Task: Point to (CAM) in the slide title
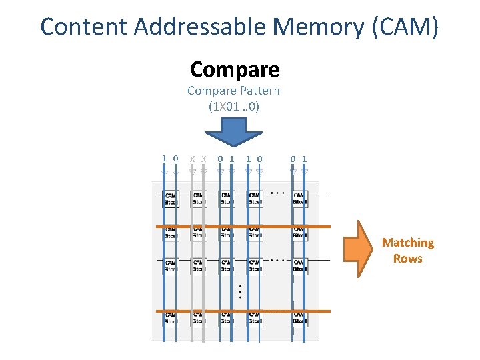[407, 27]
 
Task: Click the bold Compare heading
[235, 69]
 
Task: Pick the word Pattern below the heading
[257, 91]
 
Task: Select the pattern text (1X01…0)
[233, 106]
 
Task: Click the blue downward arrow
[234, 133]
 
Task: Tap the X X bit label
[197, 159]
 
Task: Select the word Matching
[407, 243]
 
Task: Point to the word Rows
[407, 259]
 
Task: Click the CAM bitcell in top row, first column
[171, 198]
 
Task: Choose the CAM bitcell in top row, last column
[299, 198]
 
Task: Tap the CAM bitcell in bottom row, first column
[171, 317]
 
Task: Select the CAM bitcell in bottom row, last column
[299, 317]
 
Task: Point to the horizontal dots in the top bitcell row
[279, 193]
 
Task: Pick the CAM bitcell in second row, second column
[199, 231]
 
